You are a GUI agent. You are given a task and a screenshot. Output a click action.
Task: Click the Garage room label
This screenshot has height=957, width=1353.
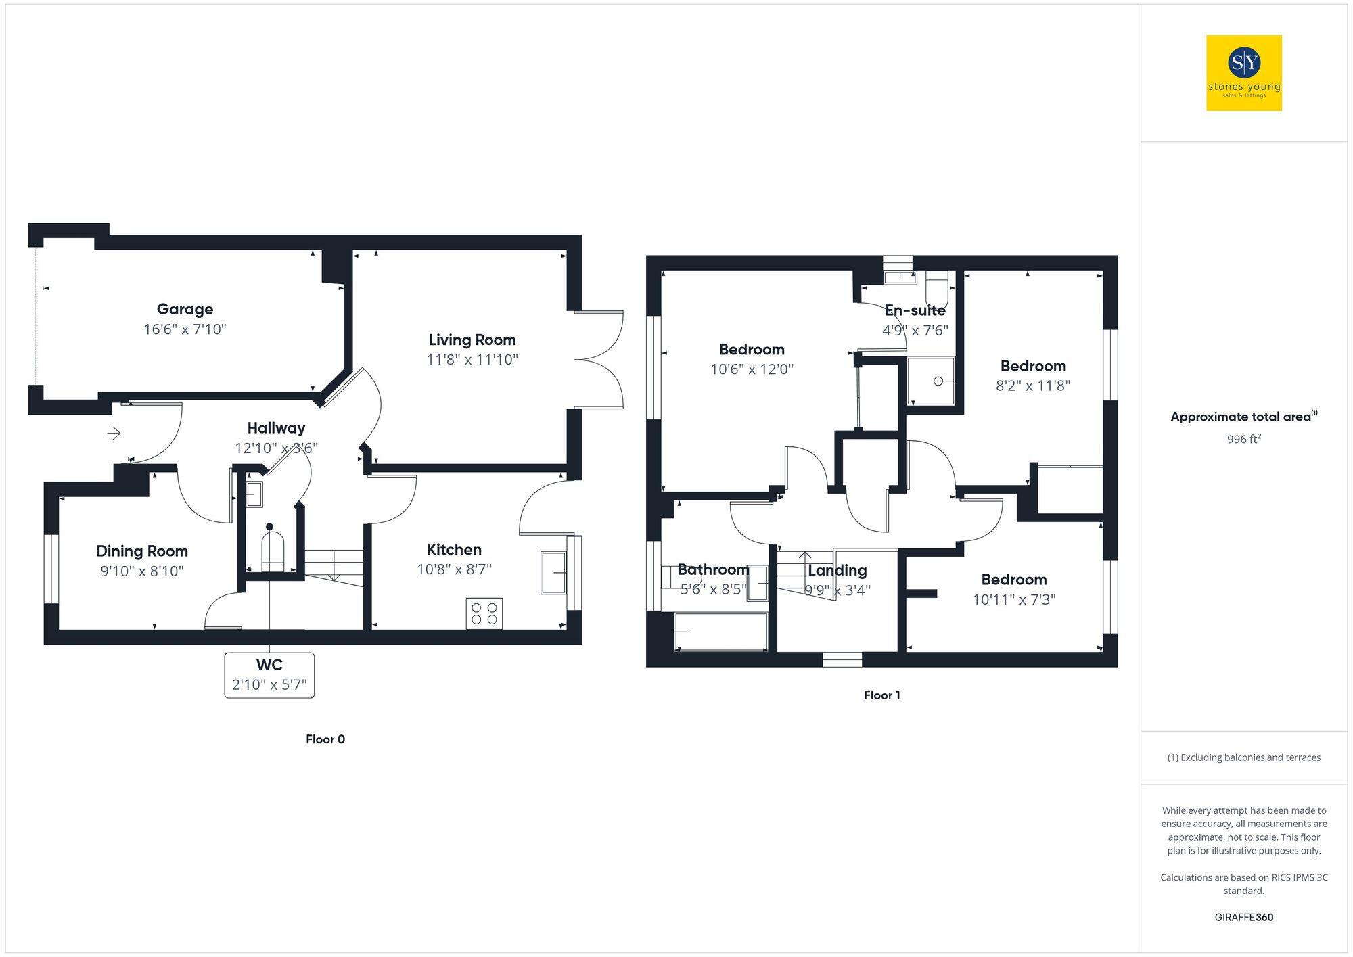click(x=185, y=309)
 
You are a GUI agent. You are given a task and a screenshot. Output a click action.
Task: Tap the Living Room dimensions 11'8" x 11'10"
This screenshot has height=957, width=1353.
click(x=472, y=360)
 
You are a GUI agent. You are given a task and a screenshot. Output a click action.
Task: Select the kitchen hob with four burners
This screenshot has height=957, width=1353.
click(x=484, y=613)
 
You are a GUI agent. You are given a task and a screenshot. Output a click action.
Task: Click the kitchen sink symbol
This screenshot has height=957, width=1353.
click(x=553, y=573)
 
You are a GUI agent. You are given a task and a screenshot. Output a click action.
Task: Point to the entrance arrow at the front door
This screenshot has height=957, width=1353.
click(x=114, y=433)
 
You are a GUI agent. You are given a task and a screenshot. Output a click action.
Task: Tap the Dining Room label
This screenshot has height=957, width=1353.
click(x=142, y=551)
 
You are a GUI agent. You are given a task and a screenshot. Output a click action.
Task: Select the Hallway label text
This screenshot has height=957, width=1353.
click(x=276, y=428)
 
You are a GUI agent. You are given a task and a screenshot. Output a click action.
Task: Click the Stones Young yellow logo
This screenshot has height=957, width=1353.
click(x=1243, y=73)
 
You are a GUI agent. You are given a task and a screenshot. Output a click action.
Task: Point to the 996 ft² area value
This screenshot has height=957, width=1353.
click(x=1243, y=440)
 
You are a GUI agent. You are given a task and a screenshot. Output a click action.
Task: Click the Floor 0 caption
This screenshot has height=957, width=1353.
click(x=325, y=739)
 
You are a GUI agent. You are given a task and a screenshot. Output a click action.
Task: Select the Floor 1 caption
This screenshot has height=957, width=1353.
click(x=881, y=695)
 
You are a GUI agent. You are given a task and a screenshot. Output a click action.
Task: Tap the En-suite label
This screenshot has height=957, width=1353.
click(x=915, y=310)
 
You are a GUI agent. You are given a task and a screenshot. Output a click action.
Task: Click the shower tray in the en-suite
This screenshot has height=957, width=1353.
click(x=931, y=381)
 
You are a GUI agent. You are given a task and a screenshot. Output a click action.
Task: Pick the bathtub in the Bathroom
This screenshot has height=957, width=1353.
click(x=721, y=632)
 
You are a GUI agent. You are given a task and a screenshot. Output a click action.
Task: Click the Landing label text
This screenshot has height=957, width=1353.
click(x=838, y=570)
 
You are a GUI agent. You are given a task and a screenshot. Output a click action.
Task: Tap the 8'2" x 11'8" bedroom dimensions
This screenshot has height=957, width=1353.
click(x=1033, y=386)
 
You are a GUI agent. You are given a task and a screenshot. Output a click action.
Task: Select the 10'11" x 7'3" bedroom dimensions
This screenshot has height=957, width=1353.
click(x=1014, y=599)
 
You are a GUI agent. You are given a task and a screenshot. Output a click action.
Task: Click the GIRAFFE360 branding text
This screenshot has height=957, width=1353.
click(x=1243, y=918)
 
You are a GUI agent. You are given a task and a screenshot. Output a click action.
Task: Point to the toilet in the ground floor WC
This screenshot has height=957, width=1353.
click(x=273, y=549)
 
